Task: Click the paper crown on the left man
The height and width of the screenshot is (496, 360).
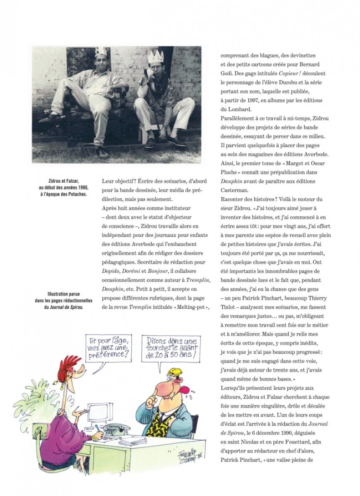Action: click(x=100, y=51)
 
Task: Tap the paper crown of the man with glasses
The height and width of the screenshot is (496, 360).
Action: click(x=156, y=57)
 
